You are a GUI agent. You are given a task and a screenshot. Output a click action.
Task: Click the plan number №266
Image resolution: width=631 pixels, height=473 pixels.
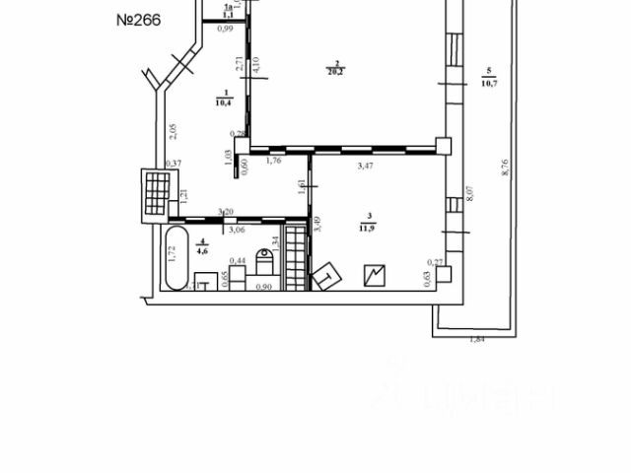tap(138, 20)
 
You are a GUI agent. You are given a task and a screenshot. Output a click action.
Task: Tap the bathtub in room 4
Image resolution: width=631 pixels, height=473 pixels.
tap(178, 257)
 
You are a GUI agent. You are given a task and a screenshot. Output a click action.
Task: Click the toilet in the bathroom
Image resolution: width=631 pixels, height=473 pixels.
tap(264, 262)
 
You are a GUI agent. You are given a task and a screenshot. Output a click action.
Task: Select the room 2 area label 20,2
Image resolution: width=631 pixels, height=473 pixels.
tap(337, 69)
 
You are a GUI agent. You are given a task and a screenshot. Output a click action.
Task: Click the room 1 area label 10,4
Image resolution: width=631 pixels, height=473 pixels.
tap(222, 98)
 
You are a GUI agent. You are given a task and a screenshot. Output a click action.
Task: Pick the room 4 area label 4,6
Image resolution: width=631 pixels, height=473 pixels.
tap(202, 246)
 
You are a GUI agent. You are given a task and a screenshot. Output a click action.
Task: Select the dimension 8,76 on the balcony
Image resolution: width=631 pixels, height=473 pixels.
tap(504, 168)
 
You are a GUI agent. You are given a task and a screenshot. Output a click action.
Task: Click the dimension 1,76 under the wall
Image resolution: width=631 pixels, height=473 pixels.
tap(275, 160)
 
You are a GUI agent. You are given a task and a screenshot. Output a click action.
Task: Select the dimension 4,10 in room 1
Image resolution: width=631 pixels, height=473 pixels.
tap(253, 67)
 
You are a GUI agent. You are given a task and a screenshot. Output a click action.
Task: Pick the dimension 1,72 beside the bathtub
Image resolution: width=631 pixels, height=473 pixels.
tap(171, 254)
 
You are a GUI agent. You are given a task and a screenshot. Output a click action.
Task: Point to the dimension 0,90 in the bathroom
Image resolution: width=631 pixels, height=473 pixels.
tap(263, 287)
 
